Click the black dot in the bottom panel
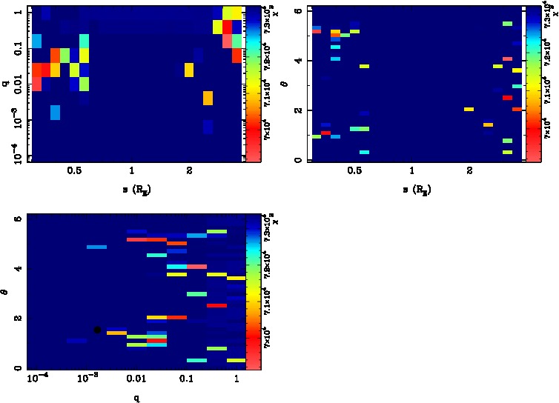point(97,330)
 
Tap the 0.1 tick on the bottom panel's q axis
point(186,379)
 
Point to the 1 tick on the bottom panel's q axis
point(236,379)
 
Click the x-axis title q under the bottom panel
point(136,397)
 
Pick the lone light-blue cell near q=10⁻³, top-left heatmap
point(55,113)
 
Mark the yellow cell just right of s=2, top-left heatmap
point(188,70)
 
